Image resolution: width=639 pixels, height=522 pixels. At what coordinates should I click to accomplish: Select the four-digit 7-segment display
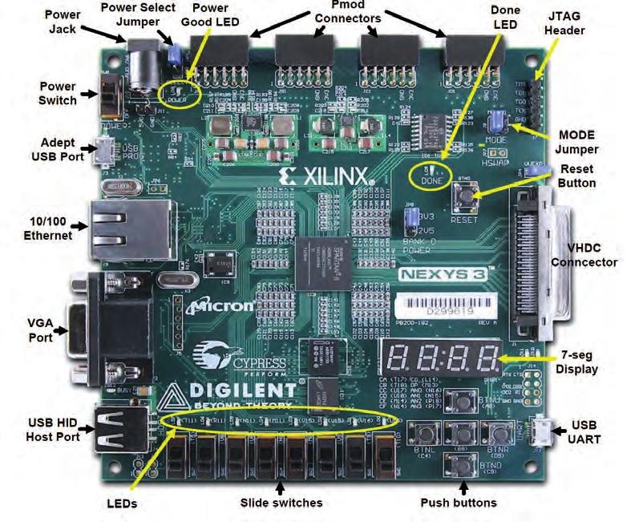[443, 358]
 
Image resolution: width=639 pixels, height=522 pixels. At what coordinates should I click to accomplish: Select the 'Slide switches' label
[281, 503]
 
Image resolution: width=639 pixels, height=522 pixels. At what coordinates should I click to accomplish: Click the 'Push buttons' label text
[459, 503]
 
